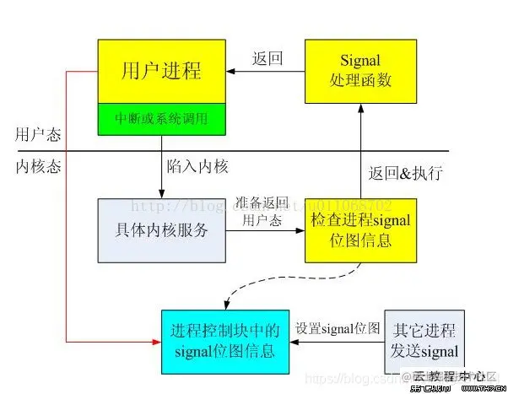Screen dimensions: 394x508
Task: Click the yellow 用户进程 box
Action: point(162,68)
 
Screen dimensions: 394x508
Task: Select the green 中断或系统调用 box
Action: point(162,118)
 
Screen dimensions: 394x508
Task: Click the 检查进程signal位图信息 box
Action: point(360,230)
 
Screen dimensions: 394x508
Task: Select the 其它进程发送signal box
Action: point(424,340)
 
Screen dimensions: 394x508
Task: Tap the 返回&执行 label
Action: point(407,173)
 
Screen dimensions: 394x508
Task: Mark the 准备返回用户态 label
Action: point(263,212)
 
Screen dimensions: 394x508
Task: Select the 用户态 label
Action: point(38,135)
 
